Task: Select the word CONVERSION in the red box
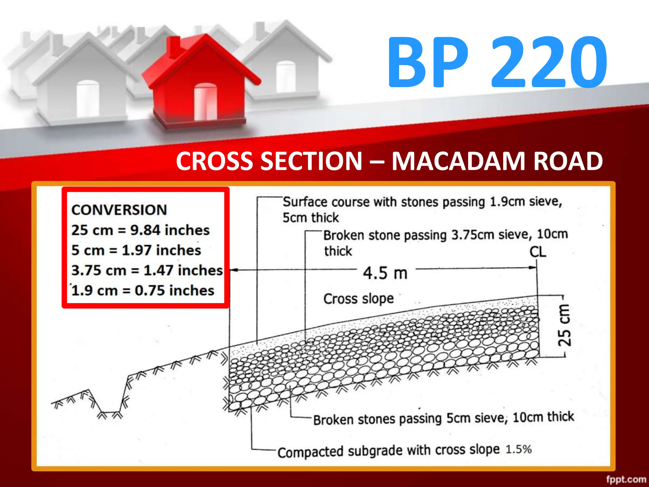119,210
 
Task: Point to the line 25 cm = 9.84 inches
140,230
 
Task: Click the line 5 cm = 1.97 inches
136,250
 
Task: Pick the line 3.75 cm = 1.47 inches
147,270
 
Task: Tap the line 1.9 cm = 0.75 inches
143,290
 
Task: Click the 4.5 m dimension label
385,273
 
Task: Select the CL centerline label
538,252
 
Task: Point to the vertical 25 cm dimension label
564,325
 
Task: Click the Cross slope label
358,299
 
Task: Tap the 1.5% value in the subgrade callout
518,449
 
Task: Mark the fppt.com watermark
626,479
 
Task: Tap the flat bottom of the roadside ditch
110,412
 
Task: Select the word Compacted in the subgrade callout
310,452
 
